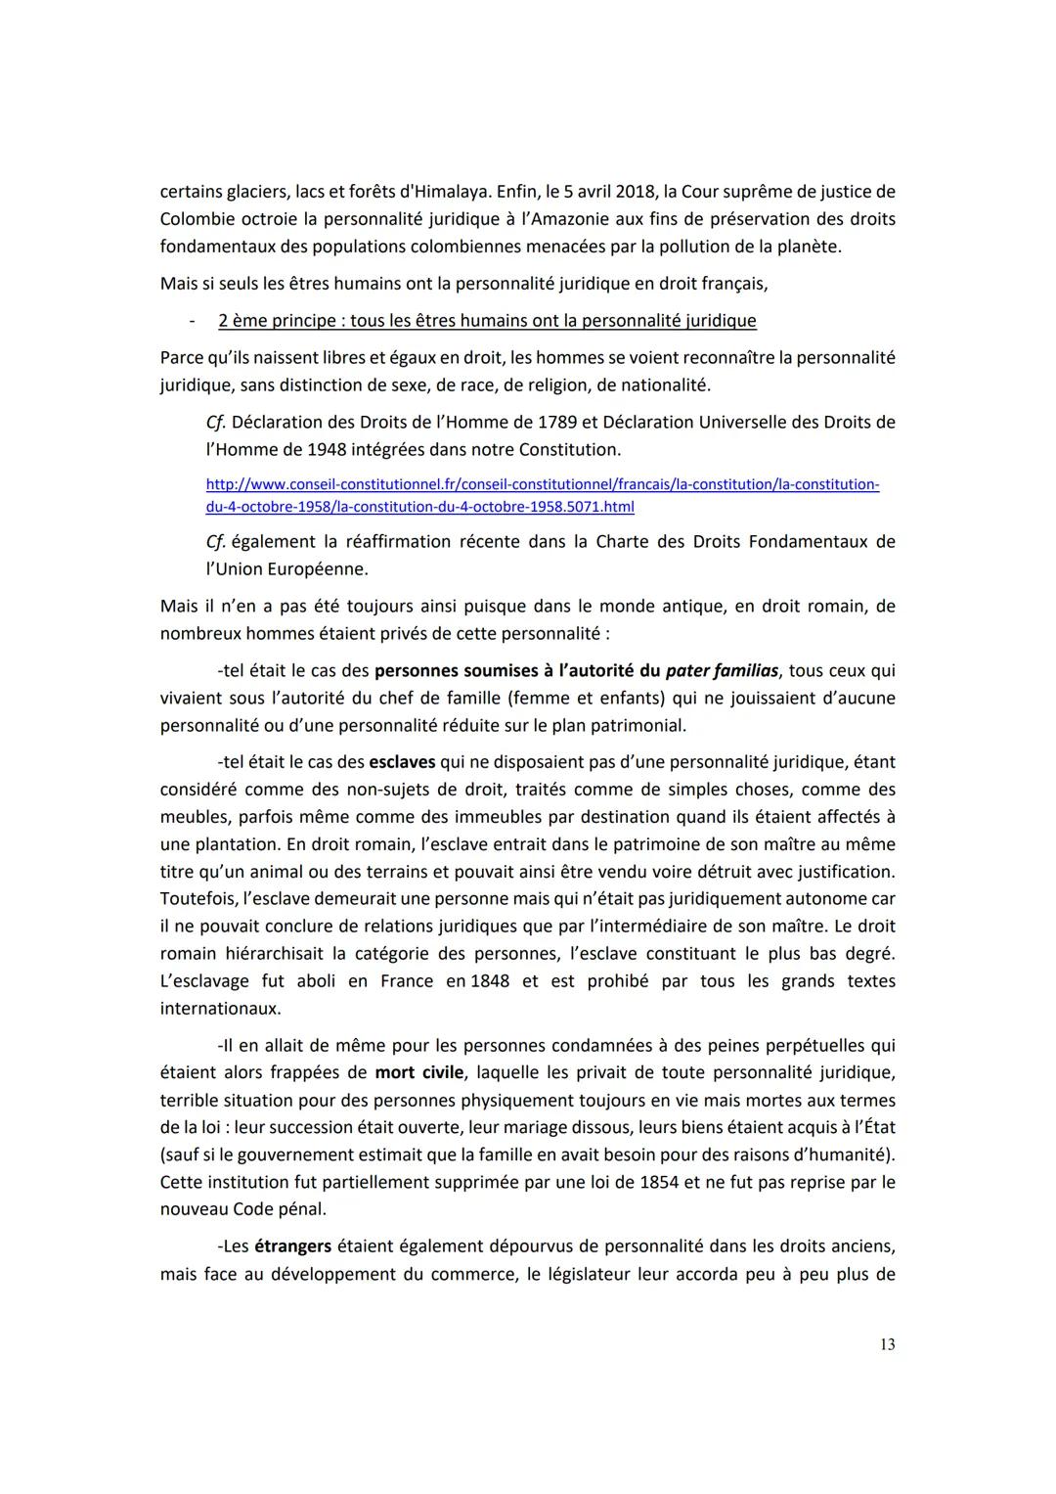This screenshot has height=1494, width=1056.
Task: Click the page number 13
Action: coord(887,1344)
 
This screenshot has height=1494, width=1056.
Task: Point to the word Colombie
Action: coord(196,219)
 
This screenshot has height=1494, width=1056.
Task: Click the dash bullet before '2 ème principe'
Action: coord(193,321)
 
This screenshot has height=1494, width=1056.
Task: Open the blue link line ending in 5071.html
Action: coord(420,507)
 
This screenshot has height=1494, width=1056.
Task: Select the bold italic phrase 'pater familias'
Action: coord(722,671)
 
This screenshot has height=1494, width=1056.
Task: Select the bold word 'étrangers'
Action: coord(292,1247)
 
